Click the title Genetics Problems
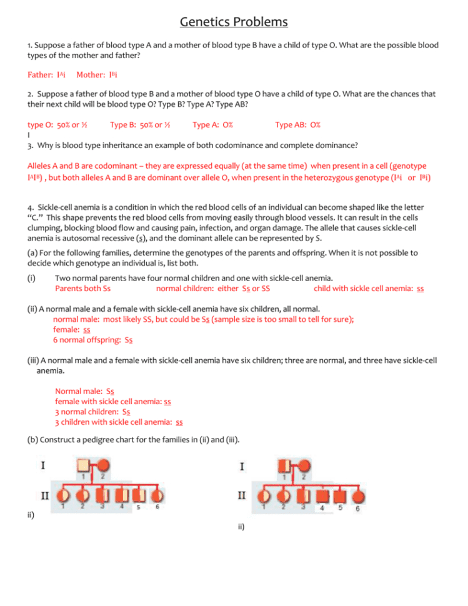pos(234,22)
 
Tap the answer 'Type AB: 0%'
pos(298,125)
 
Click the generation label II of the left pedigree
pos(46,496)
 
